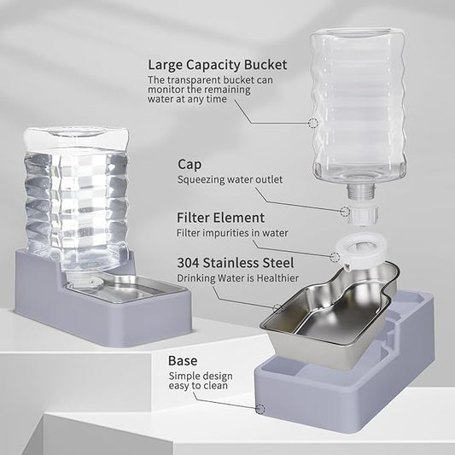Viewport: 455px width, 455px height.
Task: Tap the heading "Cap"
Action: point(190,163)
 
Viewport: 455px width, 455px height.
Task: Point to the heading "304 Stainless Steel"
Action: point(234,262)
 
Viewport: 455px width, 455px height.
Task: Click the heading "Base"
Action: point(183,360)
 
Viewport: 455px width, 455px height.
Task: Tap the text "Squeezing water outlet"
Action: point(229,179)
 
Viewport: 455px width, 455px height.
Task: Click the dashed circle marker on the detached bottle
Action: point(313,123)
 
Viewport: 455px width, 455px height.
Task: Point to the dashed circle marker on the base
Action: point(259,408)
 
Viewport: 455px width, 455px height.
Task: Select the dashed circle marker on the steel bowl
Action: point(277,307)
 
